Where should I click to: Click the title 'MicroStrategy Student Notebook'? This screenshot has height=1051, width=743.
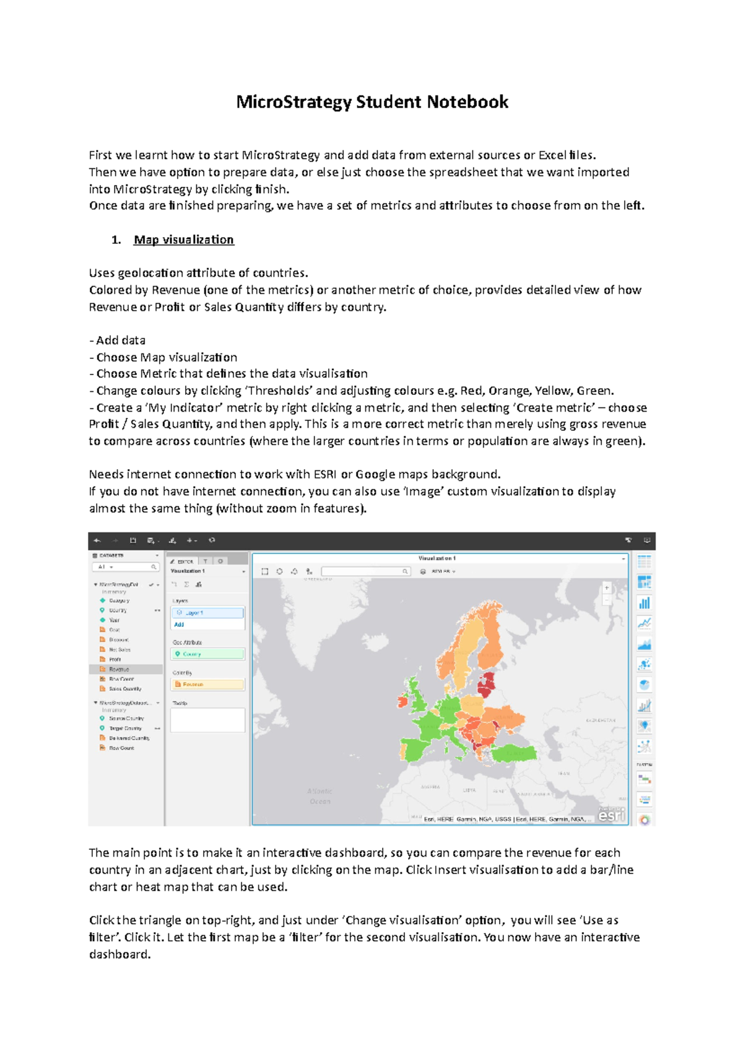click(371, 102)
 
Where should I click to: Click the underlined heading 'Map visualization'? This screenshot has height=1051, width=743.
click(183, 240)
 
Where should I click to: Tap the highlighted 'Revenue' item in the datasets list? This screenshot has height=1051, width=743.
click(119, 669)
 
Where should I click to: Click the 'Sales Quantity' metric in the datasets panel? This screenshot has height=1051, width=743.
click(125, 689)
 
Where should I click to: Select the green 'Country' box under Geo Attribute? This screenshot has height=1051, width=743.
click(207, 654)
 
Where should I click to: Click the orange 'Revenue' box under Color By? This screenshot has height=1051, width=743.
click(207, 684)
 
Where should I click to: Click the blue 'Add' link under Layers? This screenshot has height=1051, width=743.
click(179, 625)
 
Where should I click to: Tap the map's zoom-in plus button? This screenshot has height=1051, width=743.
click(607, 588)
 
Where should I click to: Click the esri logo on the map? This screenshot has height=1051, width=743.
click(611, 816)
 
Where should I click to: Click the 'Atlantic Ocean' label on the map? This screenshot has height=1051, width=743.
click(319, 796)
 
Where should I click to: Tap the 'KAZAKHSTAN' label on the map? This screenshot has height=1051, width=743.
click(601, 720)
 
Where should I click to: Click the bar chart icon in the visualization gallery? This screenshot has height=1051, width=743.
click(645, 603)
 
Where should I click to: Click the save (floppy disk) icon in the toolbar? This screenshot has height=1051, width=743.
click(133, 540)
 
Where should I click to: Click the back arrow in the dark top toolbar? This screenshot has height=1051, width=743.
click(97, 540)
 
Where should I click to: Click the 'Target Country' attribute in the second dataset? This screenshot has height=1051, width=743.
click(125, 729)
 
